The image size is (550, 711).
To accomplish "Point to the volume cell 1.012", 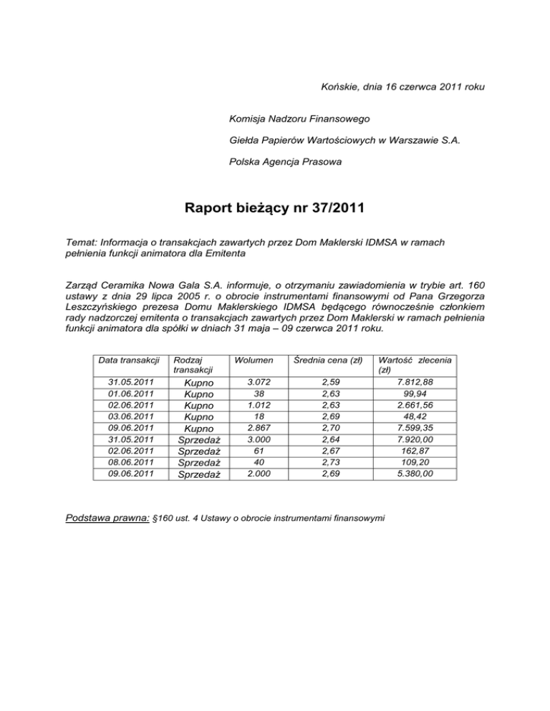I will pyautogui.click(x=249, y=405).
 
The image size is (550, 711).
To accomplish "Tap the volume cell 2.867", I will pyautogui.click(x=249, y=428).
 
